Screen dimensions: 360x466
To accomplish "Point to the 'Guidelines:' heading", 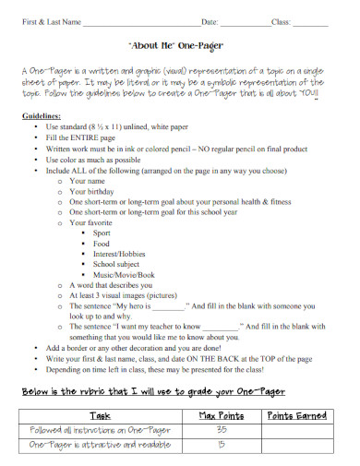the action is pos(41,116).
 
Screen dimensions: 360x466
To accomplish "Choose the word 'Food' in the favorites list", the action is pos(101,244).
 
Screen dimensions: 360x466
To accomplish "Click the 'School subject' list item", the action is pos(115,265).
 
